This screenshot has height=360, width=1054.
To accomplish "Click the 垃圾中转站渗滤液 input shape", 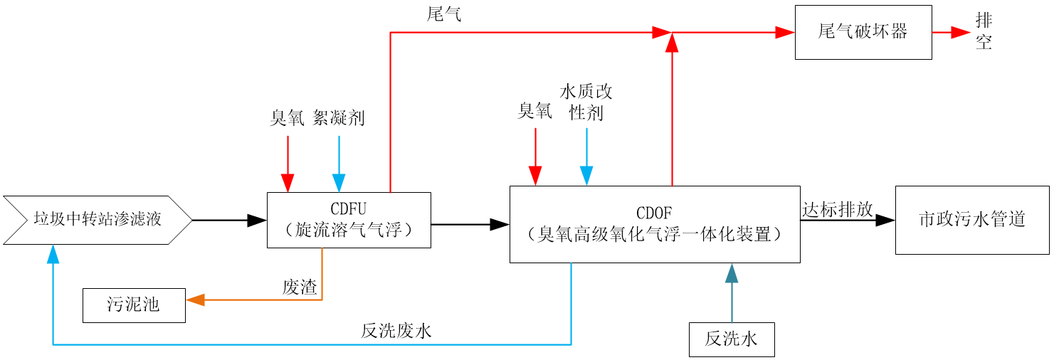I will pyautogui.click(x=98, y=220).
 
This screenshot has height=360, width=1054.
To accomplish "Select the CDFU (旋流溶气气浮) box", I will pyautogui.click(x=349, y=220).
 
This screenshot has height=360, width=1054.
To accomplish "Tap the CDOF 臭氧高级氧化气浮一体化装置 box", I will pyautogui.click(x=655, y=224).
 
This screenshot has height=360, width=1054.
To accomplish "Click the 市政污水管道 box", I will pyautogui.click(x=971, y=220).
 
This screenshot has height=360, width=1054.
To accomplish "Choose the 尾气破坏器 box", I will pyautogui.click(x=863, y=32).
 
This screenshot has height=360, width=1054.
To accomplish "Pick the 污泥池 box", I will pyautogui.click(x=134, y=305).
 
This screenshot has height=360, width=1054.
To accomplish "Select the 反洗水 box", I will pyautogui.click(x=731, y=339).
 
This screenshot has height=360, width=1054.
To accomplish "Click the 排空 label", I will pyautogui.click(x=984, y=32).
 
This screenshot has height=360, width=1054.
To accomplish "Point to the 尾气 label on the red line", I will pyautogui.click(x=443, y=15).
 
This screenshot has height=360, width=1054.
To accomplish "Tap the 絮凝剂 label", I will pyautogui.click(x=339, y=117).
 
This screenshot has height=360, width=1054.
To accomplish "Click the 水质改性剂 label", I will pyautogui.click(x=586, y=102).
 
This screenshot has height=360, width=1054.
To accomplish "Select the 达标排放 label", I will pyautogui.click(x=837, y=209).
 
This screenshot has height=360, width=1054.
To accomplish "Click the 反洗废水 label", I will pyautogui.click(x=396, y=331).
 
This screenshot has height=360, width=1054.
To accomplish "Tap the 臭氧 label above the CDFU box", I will pyautogui.click(x=287, y=117).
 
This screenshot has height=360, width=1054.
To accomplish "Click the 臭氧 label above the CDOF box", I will pyautogui.click(x=534, y=110).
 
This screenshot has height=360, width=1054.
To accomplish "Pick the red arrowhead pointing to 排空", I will pyautogui.click(x=961, y=32).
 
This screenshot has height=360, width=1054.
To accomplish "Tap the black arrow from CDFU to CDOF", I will pyautogui.click(x=470, y=224).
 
